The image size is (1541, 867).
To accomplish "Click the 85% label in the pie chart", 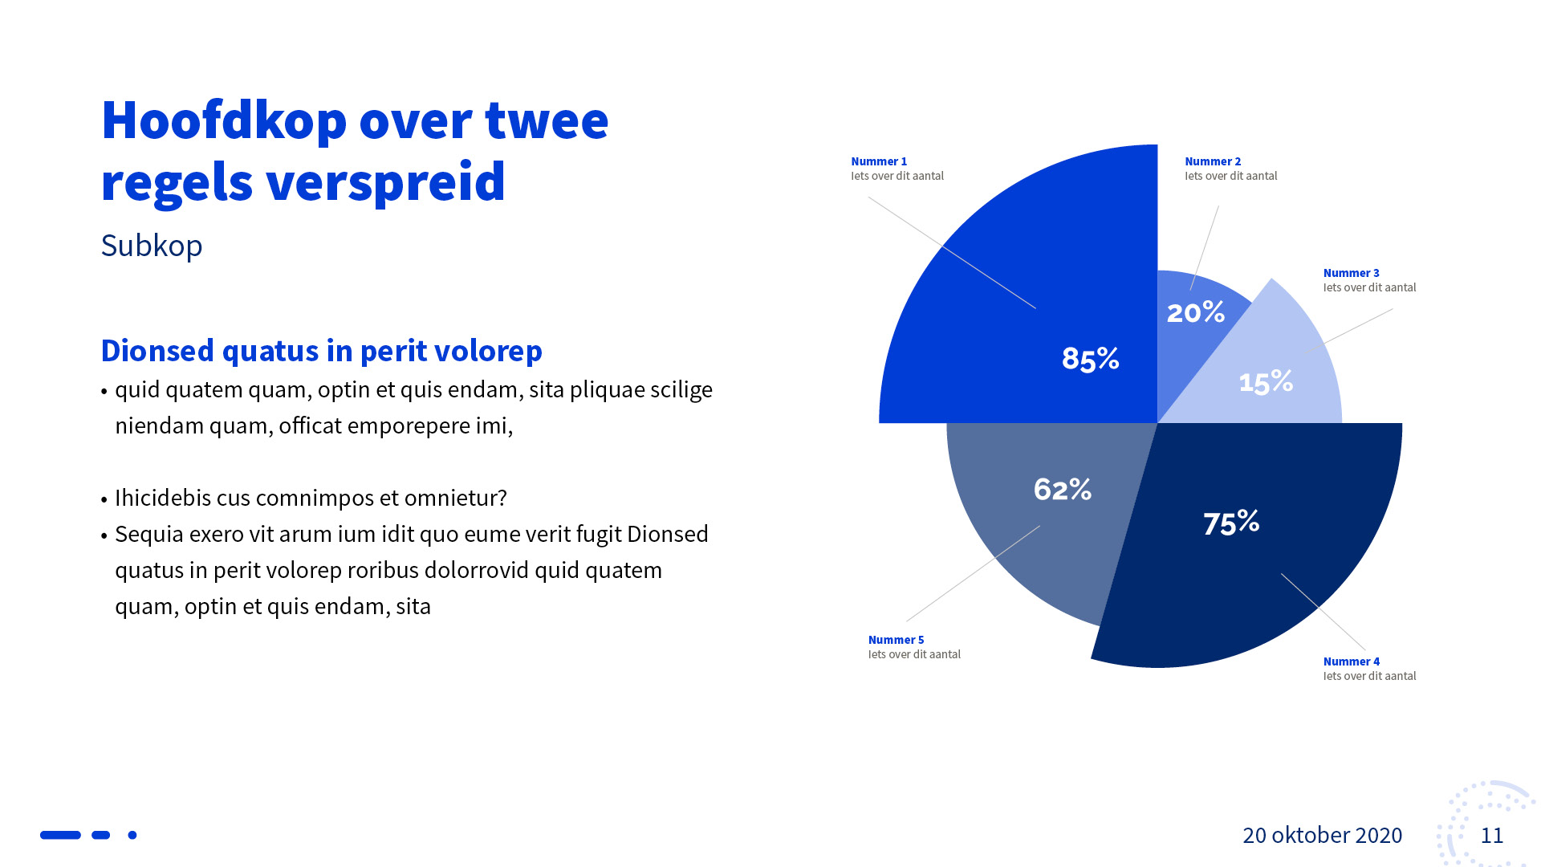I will (x=1090, y=359).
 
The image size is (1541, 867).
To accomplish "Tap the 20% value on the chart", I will (x=1195, y=312).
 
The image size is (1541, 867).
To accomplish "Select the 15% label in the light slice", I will (x=1266, y=382).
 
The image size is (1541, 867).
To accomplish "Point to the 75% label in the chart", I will (x=1231, y=523).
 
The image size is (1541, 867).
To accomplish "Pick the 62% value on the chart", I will (x=1062, y=489).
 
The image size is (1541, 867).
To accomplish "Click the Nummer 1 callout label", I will (x=879, y=161).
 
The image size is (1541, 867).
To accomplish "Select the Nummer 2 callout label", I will (x=1213, y=161).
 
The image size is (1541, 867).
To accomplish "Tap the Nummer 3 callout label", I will (x=1351, y=273).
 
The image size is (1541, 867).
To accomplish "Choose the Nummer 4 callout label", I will (x=1351, y=661).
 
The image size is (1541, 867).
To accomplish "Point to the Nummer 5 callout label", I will (x=896, y=640).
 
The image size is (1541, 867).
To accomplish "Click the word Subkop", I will (x=152, y=246).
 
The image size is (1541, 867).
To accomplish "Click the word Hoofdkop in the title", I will (x=224, y=120).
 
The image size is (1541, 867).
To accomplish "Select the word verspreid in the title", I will (x=385, y=182).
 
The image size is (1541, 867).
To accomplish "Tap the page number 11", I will (x=1491, y=836).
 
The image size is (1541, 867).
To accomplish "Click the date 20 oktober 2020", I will (x=1322, y=836).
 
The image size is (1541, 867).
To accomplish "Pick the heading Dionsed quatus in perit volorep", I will (x=321, y=351).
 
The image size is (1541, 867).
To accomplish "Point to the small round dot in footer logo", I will (x=132, y=835).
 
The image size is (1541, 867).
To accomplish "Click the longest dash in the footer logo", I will (x=60, y=835).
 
